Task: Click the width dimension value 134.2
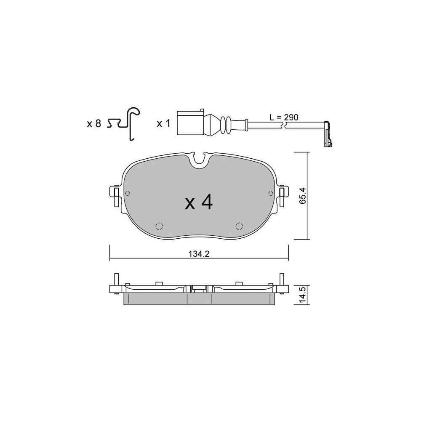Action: coord(199,254)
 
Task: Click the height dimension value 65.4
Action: coord(303,196)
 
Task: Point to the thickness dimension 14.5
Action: coord(303,295)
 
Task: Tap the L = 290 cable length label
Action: coord(284,117)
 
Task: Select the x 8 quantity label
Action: coord(94,124)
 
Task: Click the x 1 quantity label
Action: coord(163,124)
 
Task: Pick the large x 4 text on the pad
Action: coord(199,203)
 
